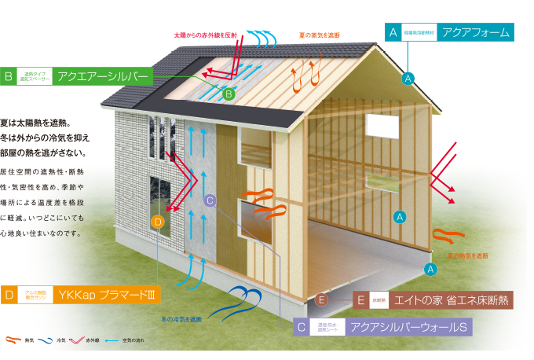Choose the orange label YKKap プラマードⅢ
pyautogui.click(x=79, y=296)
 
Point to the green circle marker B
pyautogui.click(x=229, y=94)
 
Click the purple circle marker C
pyautogui.click(x=209, y=200)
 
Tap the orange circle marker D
pyautogui.click(x=158, y=222)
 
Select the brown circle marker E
pyautogui.click(x=320, y=299)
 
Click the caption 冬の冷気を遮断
pyautogui.click(x=183, y=318)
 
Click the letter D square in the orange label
pyautogui.click(x=9, y=296)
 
